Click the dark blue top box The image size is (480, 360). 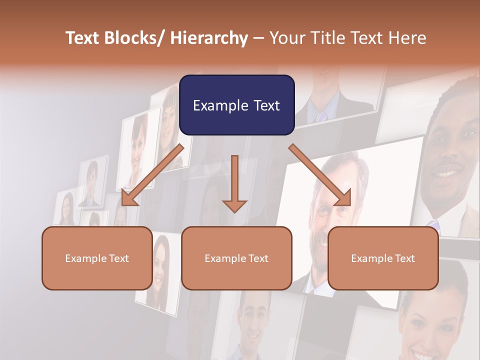pos(236,105)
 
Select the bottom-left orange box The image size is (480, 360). pos(97,258)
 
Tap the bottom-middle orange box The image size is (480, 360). pos(236,258)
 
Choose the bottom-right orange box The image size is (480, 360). pos(383,258)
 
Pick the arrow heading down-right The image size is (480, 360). pos(320,175)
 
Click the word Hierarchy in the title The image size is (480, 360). pos(209,38)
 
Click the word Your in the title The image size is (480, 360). pos(286,38)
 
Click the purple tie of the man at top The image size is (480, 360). pos(320,116)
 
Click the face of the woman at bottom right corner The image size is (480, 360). pos(430,325)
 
